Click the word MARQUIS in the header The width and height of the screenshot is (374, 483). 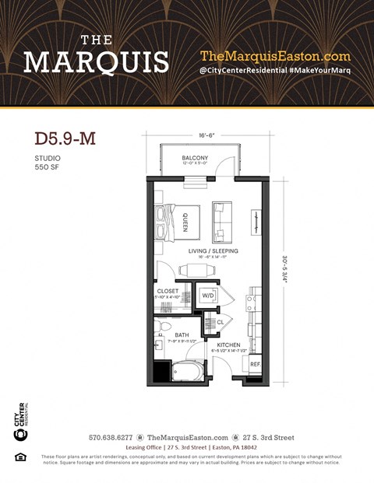tap(96, 61)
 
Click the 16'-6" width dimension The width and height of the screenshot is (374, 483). tap(207, 135)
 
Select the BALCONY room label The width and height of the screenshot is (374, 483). tap(195, 157)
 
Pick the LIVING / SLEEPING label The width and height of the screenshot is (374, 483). tap(213, 251)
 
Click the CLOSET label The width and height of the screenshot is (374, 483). tap(168, 292)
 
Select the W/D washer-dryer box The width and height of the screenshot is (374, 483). tap(208, 296)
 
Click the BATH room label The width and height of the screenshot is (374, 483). tap(182, 335)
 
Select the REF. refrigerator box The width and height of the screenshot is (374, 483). tap(255, 364)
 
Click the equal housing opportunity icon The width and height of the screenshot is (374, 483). tap(21, 457)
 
